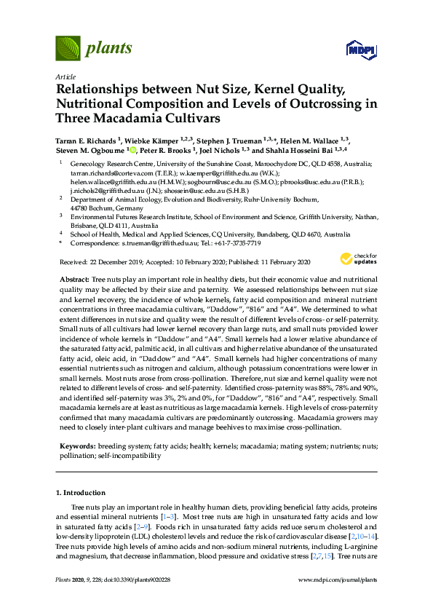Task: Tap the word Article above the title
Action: click(x=65, y=76)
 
